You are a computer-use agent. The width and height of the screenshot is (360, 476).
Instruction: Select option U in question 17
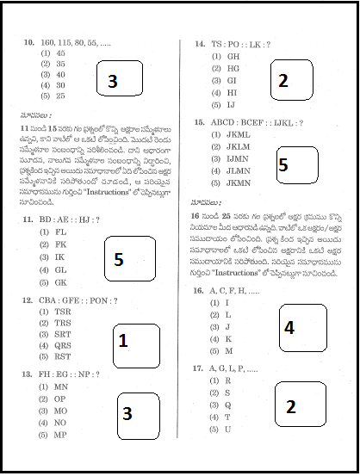227,429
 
